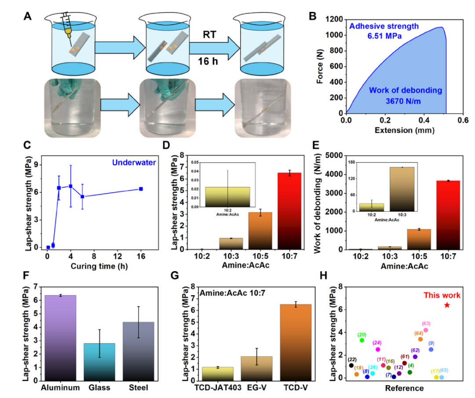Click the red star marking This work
click(447, 305)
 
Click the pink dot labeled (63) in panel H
click(426, 330)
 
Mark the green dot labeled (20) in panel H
click(362, 340)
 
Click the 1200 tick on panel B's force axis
click(336, 20)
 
